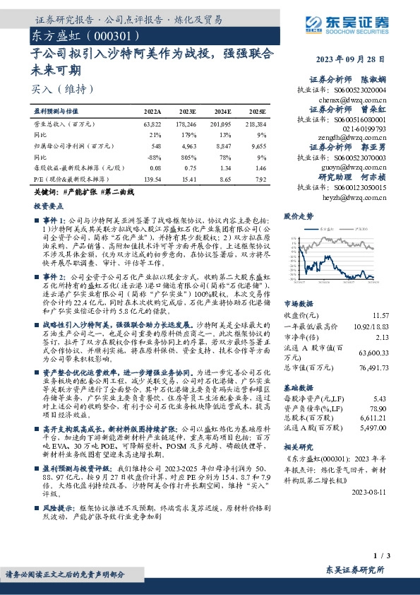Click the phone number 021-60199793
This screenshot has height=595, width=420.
[x=364, y=129]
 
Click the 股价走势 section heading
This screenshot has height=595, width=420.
[x=298, y=215]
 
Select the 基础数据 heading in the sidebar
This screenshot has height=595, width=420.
[x=298, y=389]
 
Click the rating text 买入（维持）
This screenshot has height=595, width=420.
[x=63, y=89]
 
